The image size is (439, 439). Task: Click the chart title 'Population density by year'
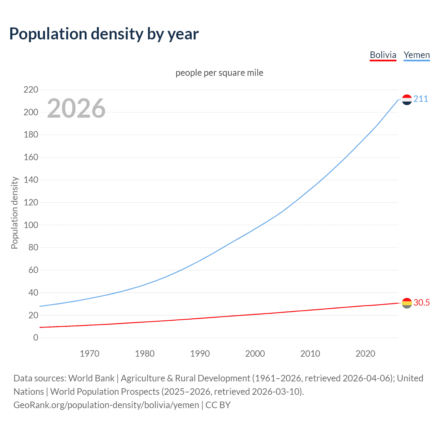104,34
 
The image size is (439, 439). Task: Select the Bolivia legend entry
383,55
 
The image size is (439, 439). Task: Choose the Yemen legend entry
416,55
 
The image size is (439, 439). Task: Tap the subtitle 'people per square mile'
219,73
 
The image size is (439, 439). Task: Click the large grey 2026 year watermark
76,108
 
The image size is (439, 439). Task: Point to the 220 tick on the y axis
31,90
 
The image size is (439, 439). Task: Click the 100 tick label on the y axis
31,225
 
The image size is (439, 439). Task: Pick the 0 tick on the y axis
36,338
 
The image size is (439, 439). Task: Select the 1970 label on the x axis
90,354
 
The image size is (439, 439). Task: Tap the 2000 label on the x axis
255,354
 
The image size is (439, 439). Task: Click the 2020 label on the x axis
365,354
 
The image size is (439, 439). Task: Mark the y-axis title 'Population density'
14,213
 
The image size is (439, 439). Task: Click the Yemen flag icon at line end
407,99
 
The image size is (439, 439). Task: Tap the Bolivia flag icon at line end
407,303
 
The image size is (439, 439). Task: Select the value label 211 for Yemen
421,99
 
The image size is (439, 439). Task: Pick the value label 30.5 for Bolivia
422,302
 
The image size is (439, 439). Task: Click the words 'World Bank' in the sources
91,378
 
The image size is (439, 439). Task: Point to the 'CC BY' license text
218,405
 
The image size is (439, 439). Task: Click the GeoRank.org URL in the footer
106,405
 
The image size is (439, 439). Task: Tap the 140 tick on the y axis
31,180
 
